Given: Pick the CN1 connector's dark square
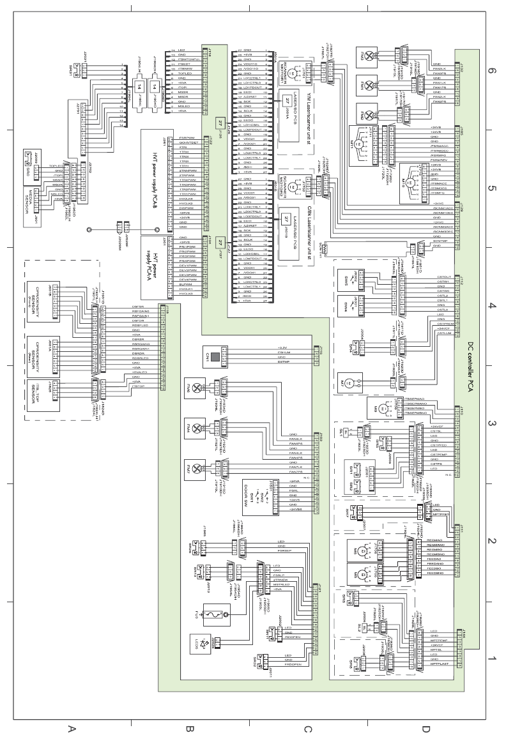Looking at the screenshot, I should (x=216, y=356).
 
